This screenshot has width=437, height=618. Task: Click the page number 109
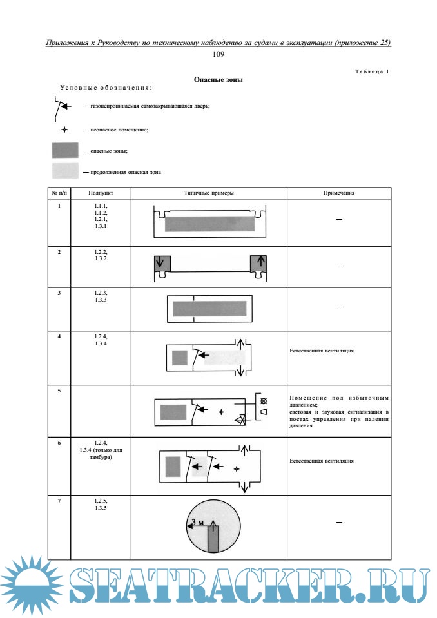(x=218, y=54)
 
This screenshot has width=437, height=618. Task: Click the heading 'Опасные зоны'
(x=218, y=79)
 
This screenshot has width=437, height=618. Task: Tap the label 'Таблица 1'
(x=372, y=71)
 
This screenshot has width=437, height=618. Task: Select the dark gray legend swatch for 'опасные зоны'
(x=65, y=151)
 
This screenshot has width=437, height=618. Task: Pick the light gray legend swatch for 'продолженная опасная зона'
(x=65, y=171)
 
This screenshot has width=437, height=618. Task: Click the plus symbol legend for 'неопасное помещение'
(x=64, y=130)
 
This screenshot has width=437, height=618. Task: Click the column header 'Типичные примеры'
(x=209, y=193)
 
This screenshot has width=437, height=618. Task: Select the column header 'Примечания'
(x=339, y=193)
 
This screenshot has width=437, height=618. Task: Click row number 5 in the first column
(x=59, y=391)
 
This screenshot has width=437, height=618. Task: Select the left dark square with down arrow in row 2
(x=162, y=263)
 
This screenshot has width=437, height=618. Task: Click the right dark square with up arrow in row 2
(x=257, y=263)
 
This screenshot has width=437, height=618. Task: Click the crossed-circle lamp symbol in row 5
(x=263, y=401)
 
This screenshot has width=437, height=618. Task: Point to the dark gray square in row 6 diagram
(x=173, y=466)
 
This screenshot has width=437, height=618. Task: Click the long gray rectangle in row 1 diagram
(x=209, y=223)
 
